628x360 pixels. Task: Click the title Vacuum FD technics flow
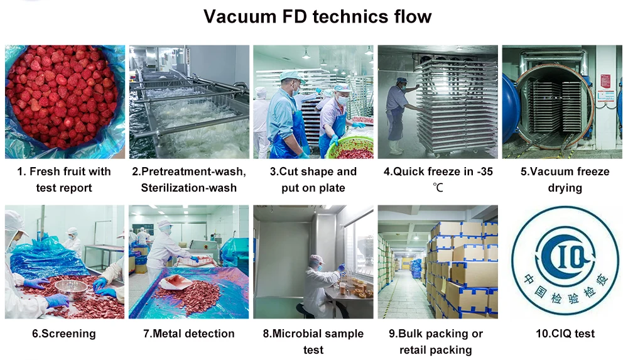(317, 17)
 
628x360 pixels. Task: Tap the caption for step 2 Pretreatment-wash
(189, 180)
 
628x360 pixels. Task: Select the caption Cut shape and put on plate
(313, 180)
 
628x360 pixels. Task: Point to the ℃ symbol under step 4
(438, 188)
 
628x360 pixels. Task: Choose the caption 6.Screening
(64, 334)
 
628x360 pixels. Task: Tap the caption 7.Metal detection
(189, 334)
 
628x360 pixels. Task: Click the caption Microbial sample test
(313, 341)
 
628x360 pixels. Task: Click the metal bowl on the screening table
(70, 288)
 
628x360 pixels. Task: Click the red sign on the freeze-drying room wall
(605, 81)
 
